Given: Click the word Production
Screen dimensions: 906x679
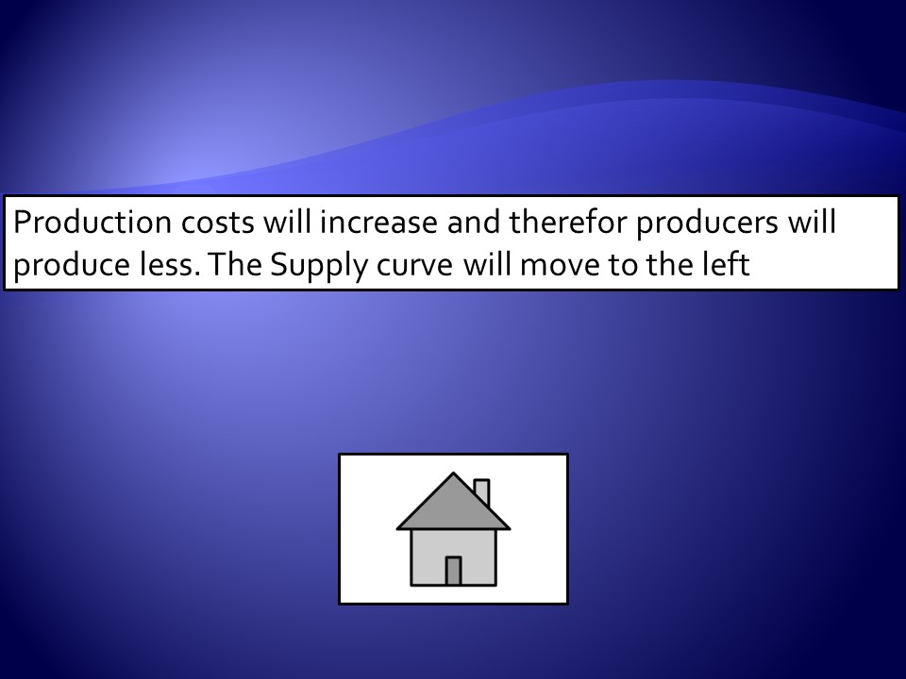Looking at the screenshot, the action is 92,223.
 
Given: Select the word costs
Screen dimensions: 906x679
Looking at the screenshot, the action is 218,224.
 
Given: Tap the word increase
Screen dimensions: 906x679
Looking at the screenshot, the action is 378,223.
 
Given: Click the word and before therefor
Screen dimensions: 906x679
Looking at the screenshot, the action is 473,223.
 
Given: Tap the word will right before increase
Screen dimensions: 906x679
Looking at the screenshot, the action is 287,223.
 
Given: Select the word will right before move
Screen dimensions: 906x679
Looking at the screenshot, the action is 487,264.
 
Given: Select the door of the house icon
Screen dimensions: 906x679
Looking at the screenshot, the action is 454,571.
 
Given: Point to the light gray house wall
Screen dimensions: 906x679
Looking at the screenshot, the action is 428,557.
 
